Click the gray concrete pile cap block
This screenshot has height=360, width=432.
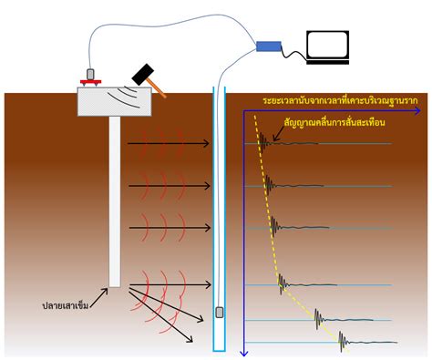(x=114, y=102)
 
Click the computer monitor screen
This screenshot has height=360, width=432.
(x=325, y=46)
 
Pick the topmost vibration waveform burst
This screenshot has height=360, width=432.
(x=264, y=142)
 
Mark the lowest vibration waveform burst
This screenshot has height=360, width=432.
(x=345, y=344)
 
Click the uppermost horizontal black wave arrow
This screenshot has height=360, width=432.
(x=169, y=143)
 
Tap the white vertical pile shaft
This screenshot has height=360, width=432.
(x=115, y=201)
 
